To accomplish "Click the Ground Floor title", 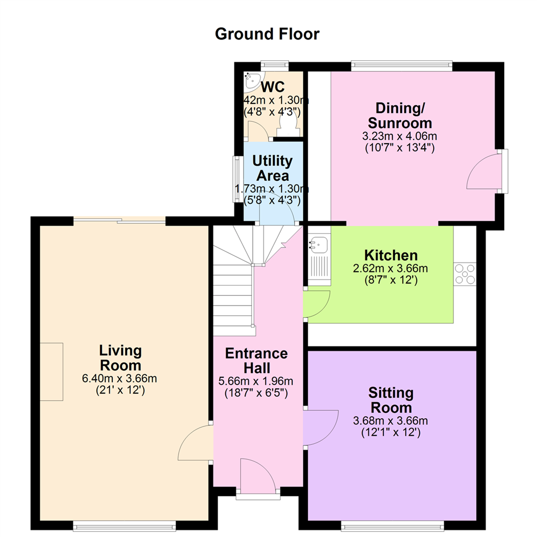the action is coord(267,34).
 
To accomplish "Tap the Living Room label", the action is coord(120,358).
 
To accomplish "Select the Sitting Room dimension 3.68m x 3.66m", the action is coord(390,421).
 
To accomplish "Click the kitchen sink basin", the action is coord(319,245).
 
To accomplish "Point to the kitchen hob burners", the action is coord(465,274).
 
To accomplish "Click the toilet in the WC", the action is coord(288,125).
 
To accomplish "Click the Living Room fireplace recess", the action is coord(51,371).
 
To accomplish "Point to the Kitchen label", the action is coord(391,256).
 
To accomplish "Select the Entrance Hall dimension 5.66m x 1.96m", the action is coord(256,381).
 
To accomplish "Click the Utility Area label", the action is coord(272,168).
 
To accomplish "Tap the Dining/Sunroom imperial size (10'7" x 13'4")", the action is coord(400,148).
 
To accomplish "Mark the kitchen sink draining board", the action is coord(319,267).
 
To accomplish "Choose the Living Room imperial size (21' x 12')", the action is coord(120,390).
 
